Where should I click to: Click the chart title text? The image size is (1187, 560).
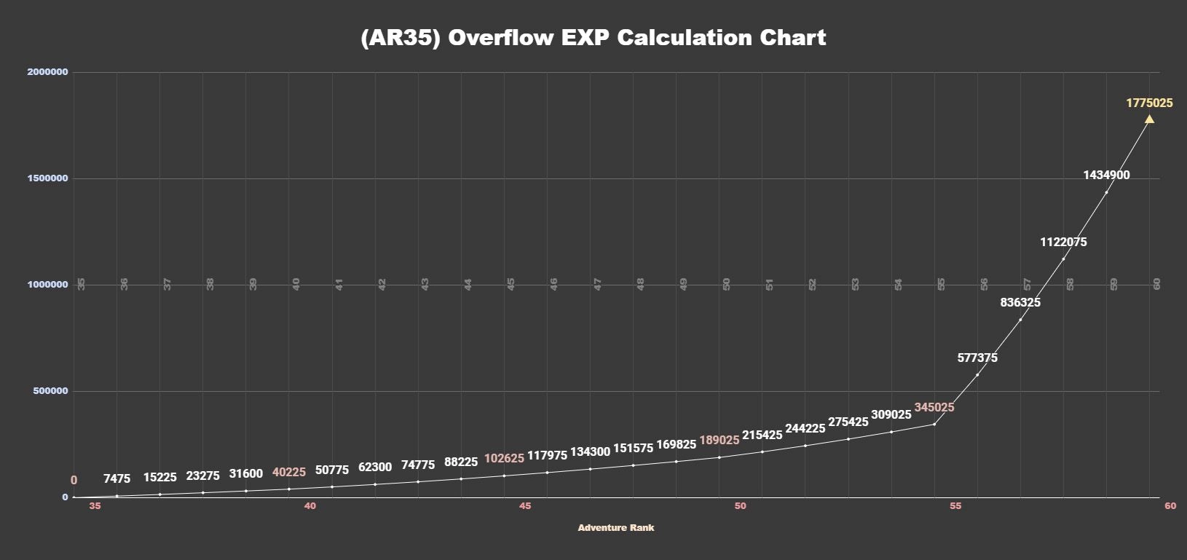pos(593,38)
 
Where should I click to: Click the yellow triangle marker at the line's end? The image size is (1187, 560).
pos(1149,119)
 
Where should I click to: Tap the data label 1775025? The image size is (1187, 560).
pos(1149,103)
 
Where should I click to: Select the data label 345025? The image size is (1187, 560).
pos(934,407)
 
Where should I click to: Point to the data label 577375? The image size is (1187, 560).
pos(977,358)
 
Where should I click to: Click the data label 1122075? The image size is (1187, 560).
pos(1063,242)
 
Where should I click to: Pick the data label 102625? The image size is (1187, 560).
pos(504,458)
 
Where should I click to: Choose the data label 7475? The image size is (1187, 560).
pos(117,478)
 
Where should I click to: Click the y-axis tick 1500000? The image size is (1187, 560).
pos(47,178)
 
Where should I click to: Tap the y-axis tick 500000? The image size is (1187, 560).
pos(50,391)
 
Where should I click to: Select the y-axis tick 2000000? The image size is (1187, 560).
pos(47,72)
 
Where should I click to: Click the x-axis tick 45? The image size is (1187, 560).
pos(525,506)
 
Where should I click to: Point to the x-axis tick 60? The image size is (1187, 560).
pos(1170,506)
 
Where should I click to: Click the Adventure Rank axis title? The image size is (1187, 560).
pos(616,528)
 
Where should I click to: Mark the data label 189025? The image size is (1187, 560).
pos(719,440)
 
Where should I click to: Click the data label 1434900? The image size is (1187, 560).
pos(1106,175)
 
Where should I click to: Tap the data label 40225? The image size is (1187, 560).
pos(289,472)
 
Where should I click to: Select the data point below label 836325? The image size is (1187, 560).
pos(1020,320)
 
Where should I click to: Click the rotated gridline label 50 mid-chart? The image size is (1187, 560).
pos(726,284)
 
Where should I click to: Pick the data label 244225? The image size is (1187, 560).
pos(805,428)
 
